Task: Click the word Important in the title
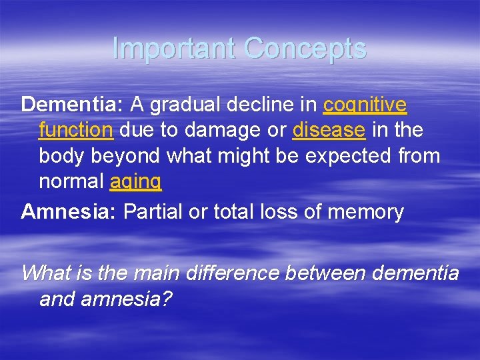174,49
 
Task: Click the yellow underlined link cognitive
365,105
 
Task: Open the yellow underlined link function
76,130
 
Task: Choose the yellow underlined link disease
329,130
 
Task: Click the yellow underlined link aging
135,181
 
